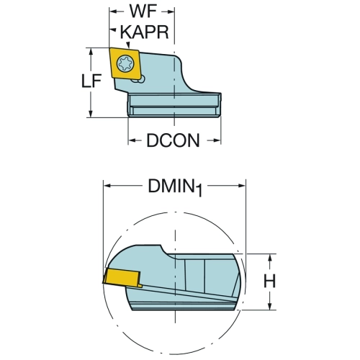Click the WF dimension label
[143, 12]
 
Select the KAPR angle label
[144, 32]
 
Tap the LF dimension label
[91, 81]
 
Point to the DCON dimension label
[173, 140]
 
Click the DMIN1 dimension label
[176, 187]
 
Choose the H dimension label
[269, 281]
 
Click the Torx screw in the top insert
[125, 63]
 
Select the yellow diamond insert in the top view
[125, 63]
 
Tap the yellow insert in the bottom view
[122, 278]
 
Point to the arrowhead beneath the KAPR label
[128, 45]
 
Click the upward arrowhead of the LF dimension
[91, 52]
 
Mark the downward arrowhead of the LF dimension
[91, 114]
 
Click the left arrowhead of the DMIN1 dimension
[107, 186]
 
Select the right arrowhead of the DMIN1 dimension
[241, 186]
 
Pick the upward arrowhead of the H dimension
[270, 258]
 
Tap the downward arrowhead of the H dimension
[270, 306]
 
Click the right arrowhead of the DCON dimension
[217, 140]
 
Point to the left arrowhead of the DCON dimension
[132, 140]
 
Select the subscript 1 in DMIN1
[199, 192]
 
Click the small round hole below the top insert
[142, 79]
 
